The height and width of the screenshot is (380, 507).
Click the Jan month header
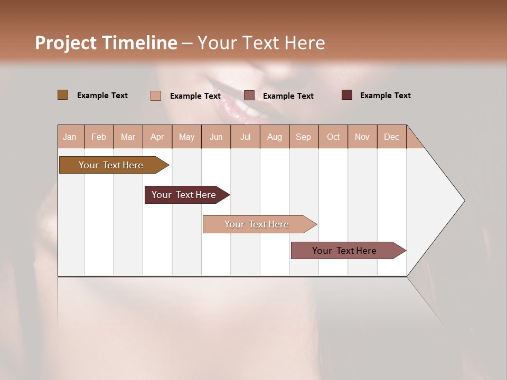[x=70, y=137]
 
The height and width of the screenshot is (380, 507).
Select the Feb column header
[x=99, y=137]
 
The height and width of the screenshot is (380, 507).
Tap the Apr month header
[x=157, y=137]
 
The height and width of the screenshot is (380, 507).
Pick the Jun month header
[x=216, y=137]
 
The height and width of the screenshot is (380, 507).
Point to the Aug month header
[x=274, y=137]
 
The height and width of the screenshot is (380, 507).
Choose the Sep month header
[x=303, y=137]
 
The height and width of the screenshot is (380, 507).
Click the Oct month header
[x=333, y=137]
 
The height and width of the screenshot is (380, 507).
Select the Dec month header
[x=391, y=137]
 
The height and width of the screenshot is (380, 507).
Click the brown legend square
[x=62, y=95]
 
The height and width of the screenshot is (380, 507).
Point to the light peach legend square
[x=156, y=96]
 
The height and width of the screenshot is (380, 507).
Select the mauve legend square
[x=249, y=96]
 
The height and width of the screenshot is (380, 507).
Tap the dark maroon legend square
[x=347, y=95]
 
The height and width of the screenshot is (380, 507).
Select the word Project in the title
[x=65, y=43]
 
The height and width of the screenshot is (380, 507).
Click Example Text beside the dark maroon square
[x=385, y=96]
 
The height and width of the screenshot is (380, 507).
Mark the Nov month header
[x=362, y=137]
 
